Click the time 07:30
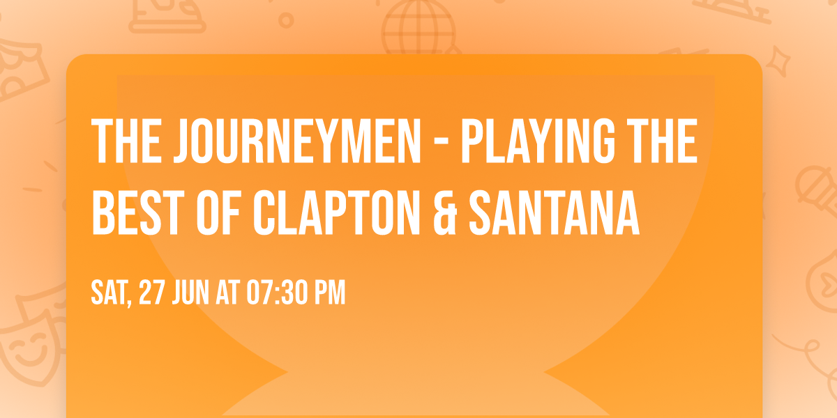279,293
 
